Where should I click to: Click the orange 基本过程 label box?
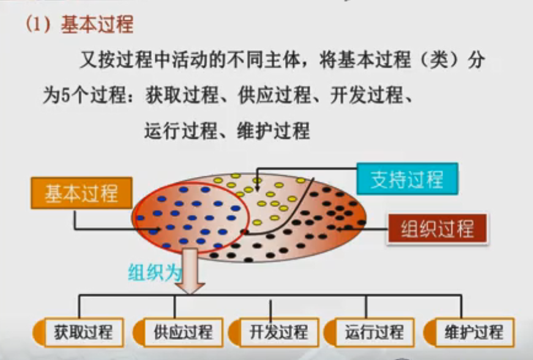click(x=81, y=193)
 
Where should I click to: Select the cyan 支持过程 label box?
click(x=407, y=179)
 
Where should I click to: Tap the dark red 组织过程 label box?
click(x=437, y=229)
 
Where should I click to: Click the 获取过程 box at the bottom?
click(x=83, y=332)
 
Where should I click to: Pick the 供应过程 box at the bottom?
click(x=183, y=332)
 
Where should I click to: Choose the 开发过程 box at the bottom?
click(x=278, y=332)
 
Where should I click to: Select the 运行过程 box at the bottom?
click(x=375, y=332)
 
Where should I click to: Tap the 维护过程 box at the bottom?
click(x=474, y=332)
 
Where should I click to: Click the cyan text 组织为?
click(x=155, y=272)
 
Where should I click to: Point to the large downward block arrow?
click(x=190, y=271)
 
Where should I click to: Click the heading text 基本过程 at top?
click(x=97, y=24)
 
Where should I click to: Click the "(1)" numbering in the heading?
click(x=38, y=24)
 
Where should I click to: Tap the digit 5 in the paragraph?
click(x=65, y=95)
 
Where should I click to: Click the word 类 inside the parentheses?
click(x=441, y=60)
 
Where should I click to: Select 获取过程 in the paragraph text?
click(x=182, y=95)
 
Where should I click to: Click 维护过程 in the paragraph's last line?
click(x=274, y=130)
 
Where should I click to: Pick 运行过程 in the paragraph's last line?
click(x=181, y=130)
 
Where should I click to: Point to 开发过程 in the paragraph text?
click(x=367, y=95)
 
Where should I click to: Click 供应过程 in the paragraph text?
click(x=274, y=95)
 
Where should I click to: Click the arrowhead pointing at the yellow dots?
click(x=258, y=188)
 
